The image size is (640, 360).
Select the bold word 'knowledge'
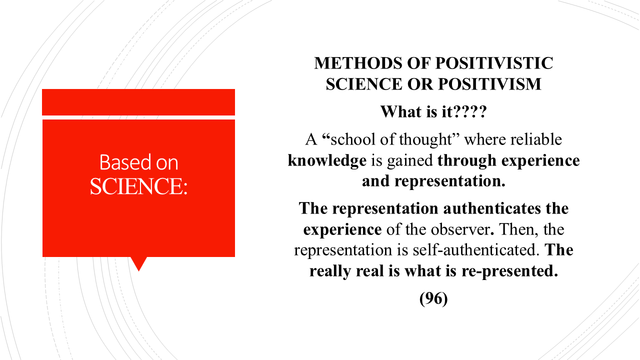coord(327,160)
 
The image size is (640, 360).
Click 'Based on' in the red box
coord(138,162)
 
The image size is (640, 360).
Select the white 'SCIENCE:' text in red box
coord(138,186)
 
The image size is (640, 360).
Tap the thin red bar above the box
coord(138,102)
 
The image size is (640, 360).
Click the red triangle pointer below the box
coord(138,262)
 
